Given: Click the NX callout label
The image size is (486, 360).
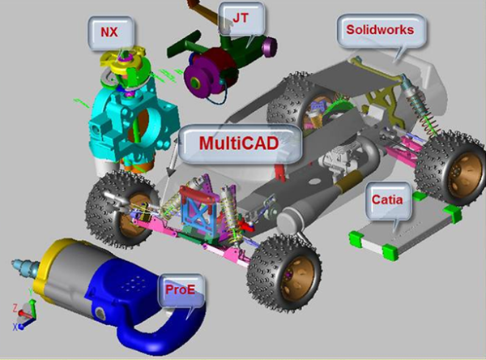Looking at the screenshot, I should tap(108, 31).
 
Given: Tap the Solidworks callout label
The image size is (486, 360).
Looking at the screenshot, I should tap(380, 30).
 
